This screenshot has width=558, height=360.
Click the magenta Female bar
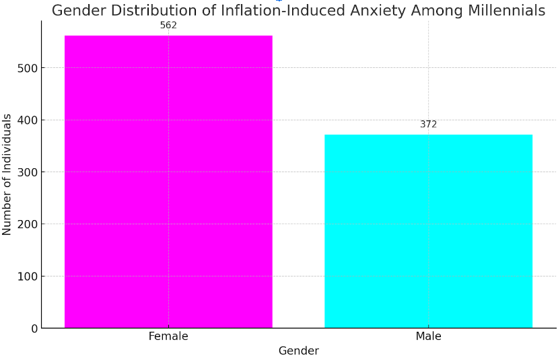(168, 182)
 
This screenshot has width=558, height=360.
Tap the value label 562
(168, 26)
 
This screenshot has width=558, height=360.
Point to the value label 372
(428, 124)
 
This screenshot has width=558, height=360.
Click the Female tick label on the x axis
(168, 336)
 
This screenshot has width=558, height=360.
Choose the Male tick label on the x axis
(428, 336)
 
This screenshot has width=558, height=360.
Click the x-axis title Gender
(298, 351)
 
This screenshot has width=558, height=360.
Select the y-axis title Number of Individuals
(7, 174)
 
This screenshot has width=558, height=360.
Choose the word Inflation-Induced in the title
(282, 11)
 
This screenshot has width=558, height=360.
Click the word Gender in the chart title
(77, 11)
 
